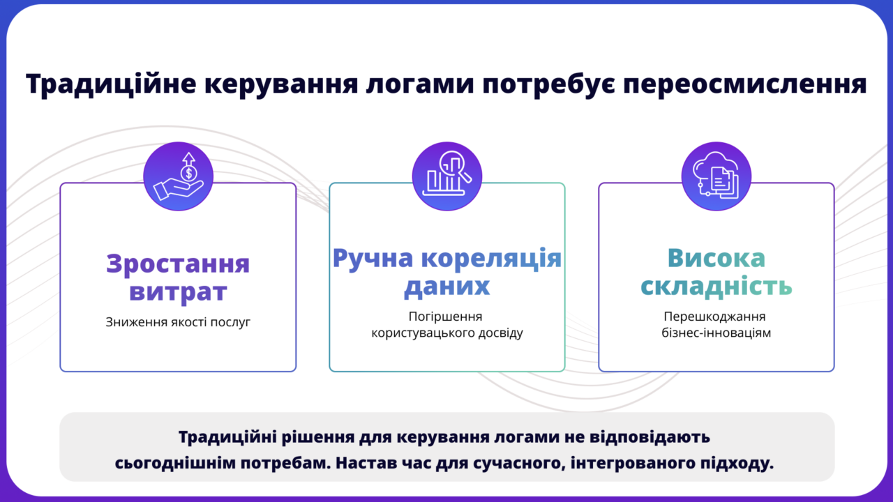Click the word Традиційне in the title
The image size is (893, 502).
tap(111, 84)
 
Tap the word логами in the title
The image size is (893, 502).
tap(420, 85)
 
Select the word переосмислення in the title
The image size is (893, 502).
tap(745, 85)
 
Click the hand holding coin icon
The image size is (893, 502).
tap(178, 176)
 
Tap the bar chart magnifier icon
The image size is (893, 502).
tap(447, 176)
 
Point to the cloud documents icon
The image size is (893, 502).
tap(716, 176)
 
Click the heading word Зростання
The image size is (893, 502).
tap(178, 264)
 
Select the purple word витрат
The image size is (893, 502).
tap(178, 292)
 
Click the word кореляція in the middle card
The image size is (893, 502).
tap(492, 259)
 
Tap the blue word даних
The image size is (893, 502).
tap(446, 287)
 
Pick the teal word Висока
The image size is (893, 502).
tap(716, 258)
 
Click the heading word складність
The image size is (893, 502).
tap(716, 286)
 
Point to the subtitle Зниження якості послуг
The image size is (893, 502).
tap(178, 322)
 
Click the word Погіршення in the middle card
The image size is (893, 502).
tap(445, 317)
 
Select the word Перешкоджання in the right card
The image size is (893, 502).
tap(714, 317)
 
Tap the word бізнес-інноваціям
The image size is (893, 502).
tap(716, 333)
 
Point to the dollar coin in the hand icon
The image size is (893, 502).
tap(188, 174)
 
